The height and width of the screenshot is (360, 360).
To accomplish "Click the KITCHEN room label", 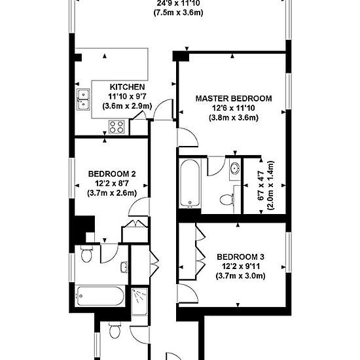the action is click(127, 87).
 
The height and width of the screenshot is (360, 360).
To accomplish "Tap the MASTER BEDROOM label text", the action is click(234, 98).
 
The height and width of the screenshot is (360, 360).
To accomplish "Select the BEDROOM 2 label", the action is click(112, 174).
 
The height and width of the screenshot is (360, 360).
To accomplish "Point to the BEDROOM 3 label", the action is click(240, 257).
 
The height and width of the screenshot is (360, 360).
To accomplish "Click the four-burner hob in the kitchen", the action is click(117, 127).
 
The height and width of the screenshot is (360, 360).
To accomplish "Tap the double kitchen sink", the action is click(83, 99).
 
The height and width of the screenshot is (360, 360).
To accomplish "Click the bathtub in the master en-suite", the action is click(190, 183).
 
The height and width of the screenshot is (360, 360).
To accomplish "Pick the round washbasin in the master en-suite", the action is click(234, 168).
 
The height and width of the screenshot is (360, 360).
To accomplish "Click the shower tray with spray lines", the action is click(139, 302).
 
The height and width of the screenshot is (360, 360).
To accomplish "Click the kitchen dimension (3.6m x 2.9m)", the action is click(127, 106).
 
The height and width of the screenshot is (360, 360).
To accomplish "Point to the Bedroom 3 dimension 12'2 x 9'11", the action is click(240, 266).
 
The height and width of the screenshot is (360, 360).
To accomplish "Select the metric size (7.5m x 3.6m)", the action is click(178, 12).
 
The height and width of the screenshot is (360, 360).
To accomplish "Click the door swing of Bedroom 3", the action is click(188, 293).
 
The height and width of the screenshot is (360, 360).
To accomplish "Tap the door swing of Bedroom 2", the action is click(139, 207).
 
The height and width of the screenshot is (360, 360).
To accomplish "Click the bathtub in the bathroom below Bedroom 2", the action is click(100, 296).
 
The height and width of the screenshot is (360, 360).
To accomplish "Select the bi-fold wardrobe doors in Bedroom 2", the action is click(135, 223).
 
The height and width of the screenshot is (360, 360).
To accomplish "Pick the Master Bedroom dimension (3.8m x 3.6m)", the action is click(234, 118).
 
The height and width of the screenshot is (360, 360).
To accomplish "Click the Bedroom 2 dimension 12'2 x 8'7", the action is click(112, 183).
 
